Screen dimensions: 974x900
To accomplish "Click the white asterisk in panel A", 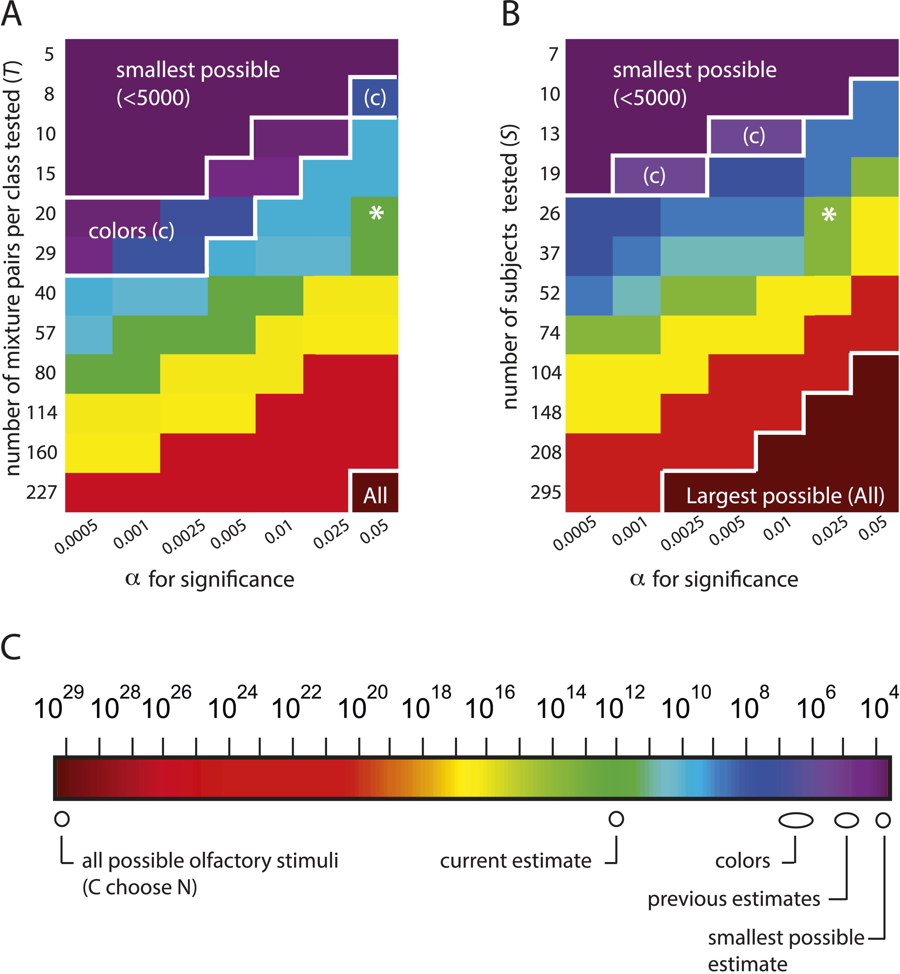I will pyautogui.click(x=376, y=213).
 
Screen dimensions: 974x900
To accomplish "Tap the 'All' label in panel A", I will pyautogui.click(x=375, y=495).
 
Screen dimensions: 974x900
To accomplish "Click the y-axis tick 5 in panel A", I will pyautogui.click(x=49, y=54).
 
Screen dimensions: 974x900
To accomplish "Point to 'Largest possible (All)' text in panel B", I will pyautogui.click(x=785, y=496).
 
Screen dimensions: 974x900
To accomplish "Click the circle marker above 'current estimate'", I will pyautogui.click(x=616, y=818).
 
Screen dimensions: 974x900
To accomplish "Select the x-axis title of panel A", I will pyautogui.click(x=210, y=579).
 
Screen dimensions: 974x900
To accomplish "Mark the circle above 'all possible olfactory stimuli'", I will pyautogui.click(x=62, y=818).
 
